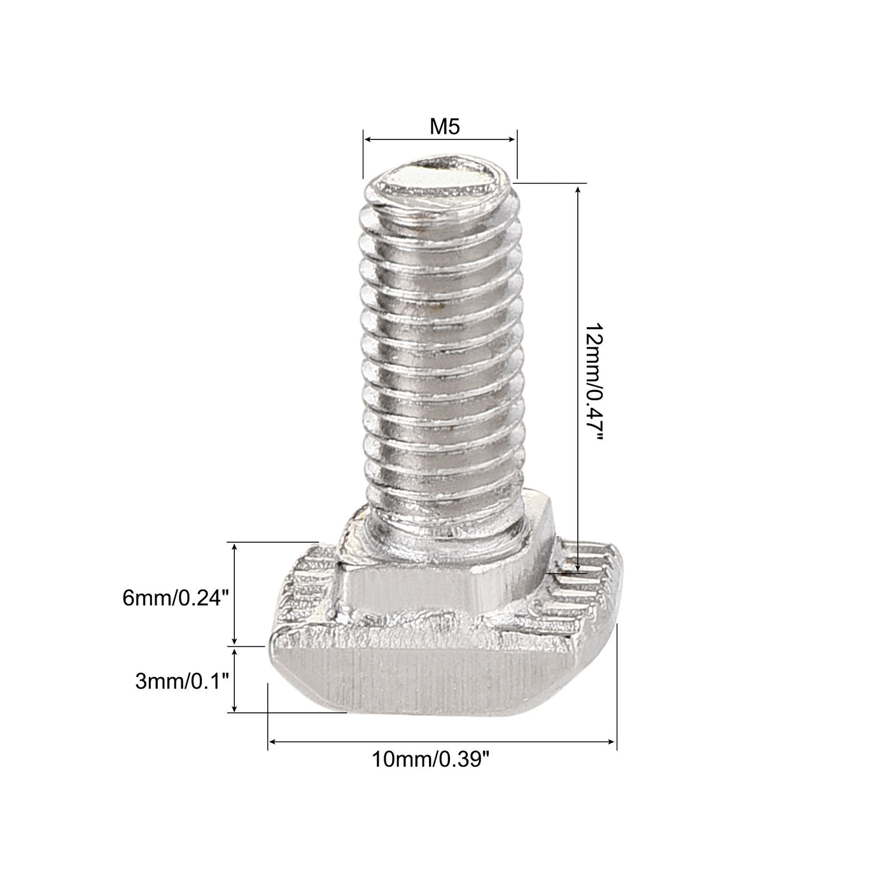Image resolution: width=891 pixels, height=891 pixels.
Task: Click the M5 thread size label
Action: [444, 127]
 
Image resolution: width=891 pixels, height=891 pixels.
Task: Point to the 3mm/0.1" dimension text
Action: [181, 682]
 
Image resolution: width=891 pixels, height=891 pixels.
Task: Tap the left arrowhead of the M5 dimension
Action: [367, 139]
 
